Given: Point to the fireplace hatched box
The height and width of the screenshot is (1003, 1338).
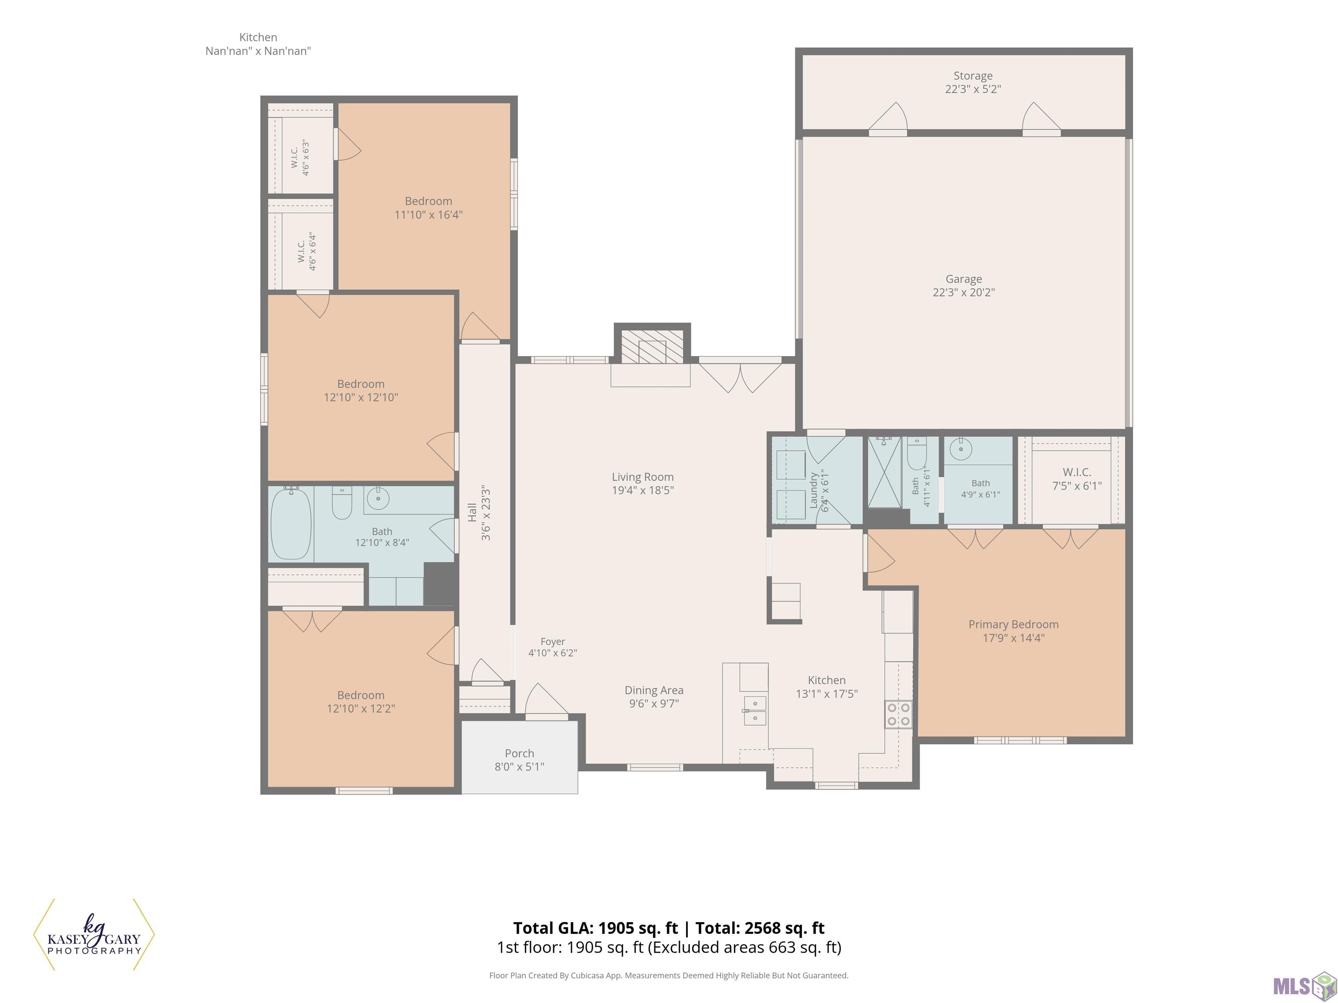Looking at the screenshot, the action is tap(652, 347).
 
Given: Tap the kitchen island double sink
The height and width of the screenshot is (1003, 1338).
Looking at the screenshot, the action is tap(755, 711).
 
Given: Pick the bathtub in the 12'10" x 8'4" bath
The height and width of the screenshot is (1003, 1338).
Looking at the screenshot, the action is tap(291, 524).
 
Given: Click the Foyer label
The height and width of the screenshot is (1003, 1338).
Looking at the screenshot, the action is tap(553, 642).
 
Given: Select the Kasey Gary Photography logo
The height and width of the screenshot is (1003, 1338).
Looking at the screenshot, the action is tap(94, 934).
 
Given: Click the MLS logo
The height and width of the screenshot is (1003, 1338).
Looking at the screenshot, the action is tap(1303, 986).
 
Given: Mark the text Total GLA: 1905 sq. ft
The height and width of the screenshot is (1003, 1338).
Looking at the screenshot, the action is tap(596, 928).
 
